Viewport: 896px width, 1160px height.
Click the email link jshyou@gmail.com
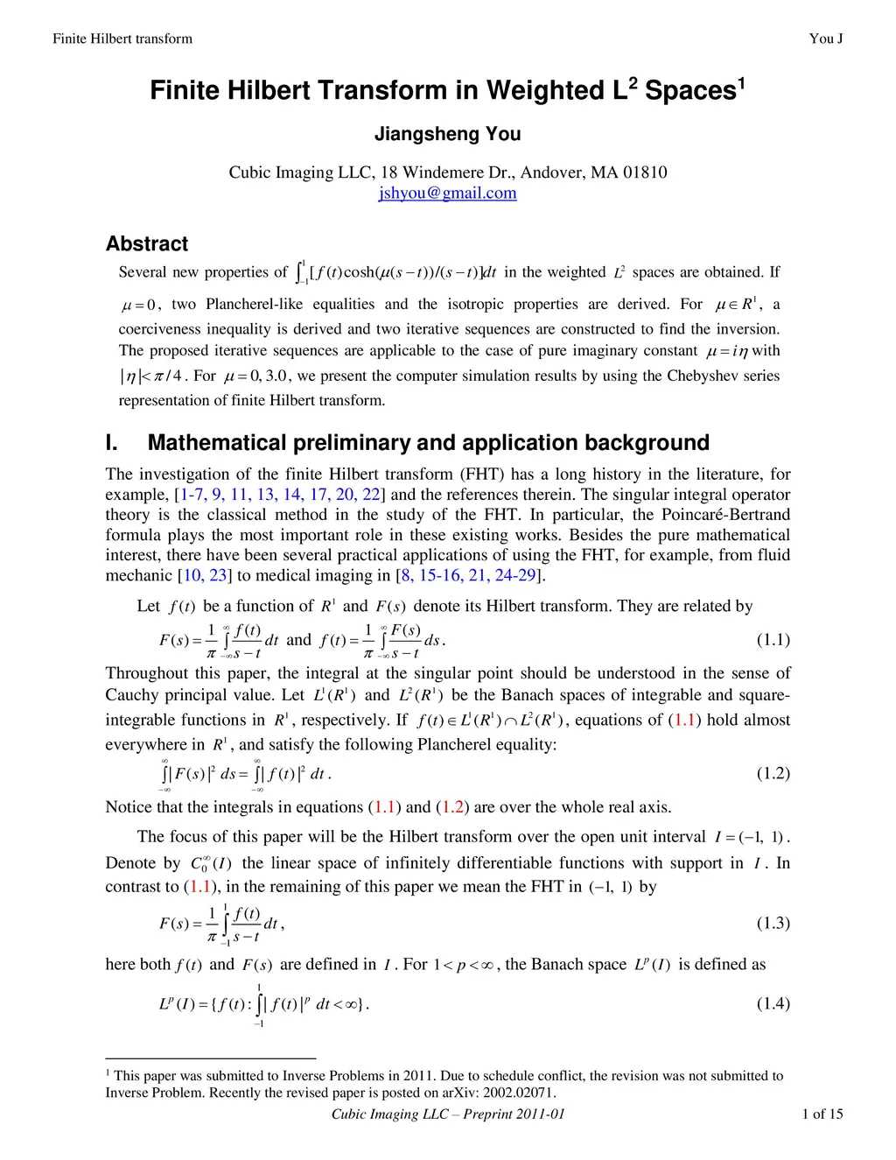click(447, 193)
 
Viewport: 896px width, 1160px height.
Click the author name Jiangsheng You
click(447, 134)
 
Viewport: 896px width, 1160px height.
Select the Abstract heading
click(147, 243)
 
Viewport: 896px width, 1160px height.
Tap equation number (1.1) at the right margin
click(773, 639)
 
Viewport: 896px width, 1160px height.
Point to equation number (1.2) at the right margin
click(773, 773)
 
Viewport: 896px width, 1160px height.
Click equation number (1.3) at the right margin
click(773, 923)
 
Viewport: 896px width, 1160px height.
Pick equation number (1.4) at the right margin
click(773, 1003)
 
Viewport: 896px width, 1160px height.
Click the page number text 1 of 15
click(822, 1114)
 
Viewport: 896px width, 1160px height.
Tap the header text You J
click(826, 38)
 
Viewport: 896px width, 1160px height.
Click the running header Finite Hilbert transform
click(122, 38)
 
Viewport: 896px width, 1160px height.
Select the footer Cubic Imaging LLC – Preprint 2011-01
click(448, 1114)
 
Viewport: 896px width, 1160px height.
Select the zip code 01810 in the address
click(644, 172)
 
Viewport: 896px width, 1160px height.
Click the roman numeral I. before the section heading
click(112, 442)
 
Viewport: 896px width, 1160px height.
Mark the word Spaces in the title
click(689, 90)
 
